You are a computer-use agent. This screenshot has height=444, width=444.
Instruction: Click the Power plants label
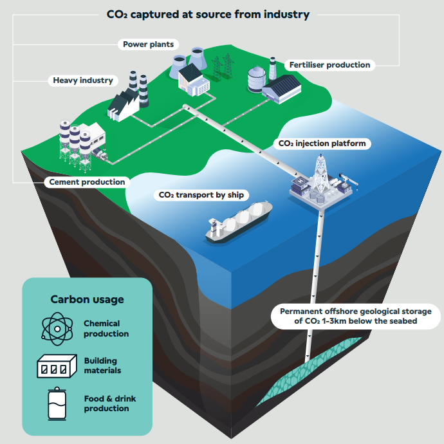pyautogui.click(x=148, y=44)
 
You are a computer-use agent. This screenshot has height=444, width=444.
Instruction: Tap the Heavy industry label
pyautogui.click(x=83, y=80)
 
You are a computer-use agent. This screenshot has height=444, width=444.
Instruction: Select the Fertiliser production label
pyautogui.click(x=329, y=65)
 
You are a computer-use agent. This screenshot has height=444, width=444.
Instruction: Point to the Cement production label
pyautogui.click(x=87, y=182)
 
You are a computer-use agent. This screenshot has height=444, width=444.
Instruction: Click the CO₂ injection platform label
pyautogui.click(x=322, y=143)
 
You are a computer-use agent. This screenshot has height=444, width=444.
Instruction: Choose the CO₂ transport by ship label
pyautogui.click(x=201, y=195)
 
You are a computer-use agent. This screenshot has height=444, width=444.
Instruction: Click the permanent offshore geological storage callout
pyautogui.click(x=356, y=317)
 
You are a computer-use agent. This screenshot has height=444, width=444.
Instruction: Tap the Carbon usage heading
pyautogui.click(x=88, y=299)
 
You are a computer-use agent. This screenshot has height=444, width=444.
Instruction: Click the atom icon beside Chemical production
pyautogui.click(x=57, y=329)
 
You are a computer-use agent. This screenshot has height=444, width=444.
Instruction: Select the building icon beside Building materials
pyautogui.click(x=57, y=366)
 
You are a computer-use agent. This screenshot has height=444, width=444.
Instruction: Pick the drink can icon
pyautogui.click(x=57, y=403)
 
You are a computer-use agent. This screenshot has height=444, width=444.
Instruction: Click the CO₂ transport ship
pyautogui.click(x=239, y=221)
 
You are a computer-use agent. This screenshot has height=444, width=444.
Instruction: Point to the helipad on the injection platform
pyautogui.click(x=301, y=180)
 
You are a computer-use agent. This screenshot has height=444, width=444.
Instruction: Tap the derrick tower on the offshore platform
pyautogui.click(x=320, y=173)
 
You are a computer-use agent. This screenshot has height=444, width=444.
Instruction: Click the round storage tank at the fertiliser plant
pyautogui.click(x=257, y=79)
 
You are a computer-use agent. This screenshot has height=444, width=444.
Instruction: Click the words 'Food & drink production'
pyautogui.click(x=110, y=403)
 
